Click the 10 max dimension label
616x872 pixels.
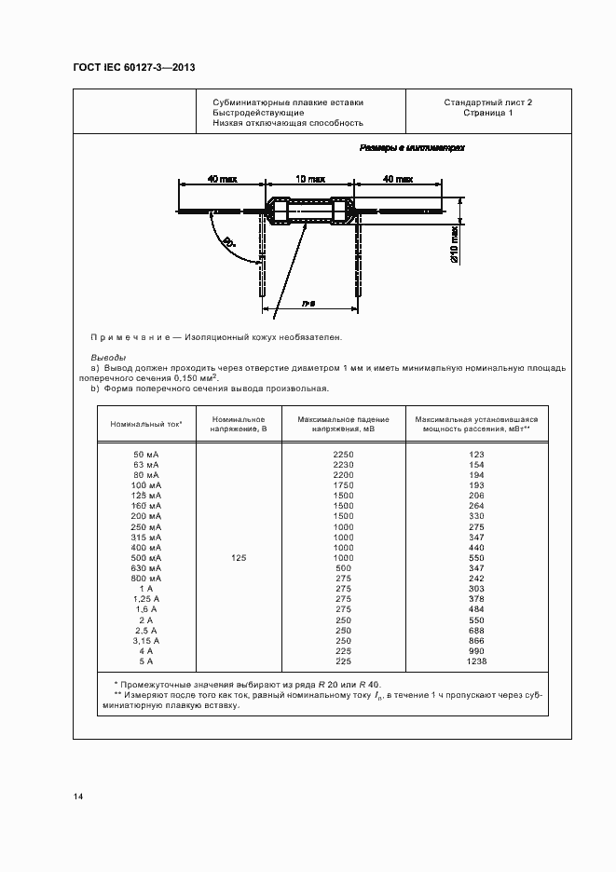tap(309, 177)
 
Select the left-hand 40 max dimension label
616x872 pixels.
tap(221, 177)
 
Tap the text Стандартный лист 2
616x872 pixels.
tap(487, 102)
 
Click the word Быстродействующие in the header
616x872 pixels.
tap(257, 113)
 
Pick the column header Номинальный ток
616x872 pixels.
tap(146, 424)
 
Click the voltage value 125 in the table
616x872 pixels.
tap(239, 558)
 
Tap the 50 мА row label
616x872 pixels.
tap(146, 454)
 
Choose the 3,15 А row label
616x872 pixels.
tap(146, 641)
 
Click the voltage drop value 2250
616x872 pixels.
tap(342, 454)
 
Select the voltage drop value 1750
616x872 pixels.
tap(342, 485)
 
